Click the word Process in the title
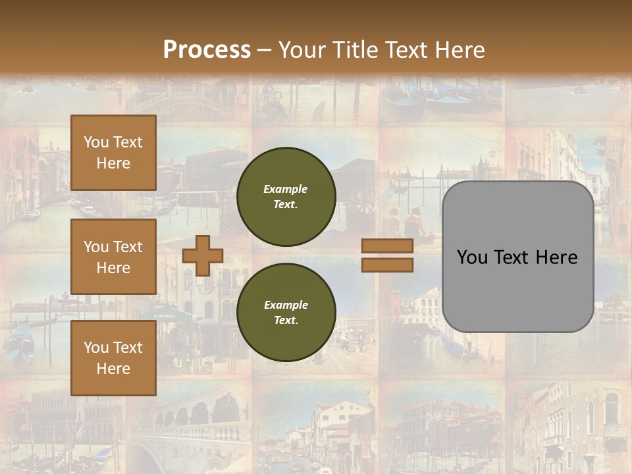[x=207, y=50]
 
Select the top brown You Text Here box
[x=113, y=153]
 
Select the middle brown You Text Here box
[x=113, y=257]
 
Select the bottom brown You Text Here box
[x=113, y=358]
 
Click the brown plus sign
[x=203, y=255]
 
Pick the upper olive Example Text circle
[x=286, y=196]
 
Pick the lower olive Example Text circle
[x=286, y=312]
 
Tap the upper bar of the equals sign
[x=388, y=246]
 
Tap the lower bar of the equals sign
[x=388, y=265]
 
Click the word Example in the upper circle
[x=286, y=189]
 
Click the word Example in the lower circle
[x=286, y=305]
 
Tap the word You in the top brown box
[x=96, y=142]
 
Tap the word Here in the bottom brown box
[x=113, y=369]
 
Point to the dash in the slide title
[x=264, y=50]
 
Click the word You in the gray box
[x=472, y=257]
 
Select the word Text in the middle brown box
[x=127, y=247]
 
